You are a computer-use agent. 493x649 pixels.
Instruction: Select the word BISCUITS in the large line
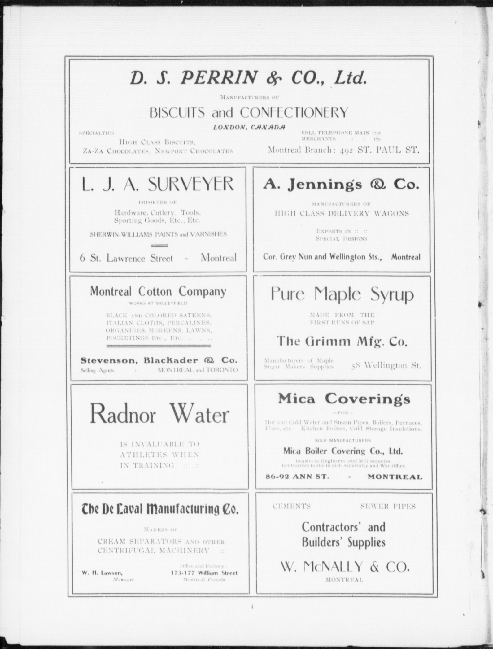pyautogui.click(x=177, y=113)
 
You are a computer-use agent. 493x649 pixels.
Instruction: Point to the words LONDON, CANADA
pyautogui.click(x=249, y=127)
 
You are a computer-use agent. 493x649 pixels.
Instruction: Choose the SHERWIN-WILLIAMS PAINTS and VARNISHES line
pyautogui.click(x=158, y=234)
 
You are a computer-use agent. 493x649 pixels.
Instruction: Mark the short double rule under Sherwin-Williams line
pyautogui.click(x=159, y=246)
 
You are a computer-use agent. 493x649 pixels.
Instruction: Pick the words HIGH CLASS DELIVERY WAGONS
pyautogui.click(x=342, y=213)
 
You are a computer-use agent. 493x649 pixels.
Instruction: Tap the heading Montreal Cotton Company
pyautogui.click(x=158, y=292)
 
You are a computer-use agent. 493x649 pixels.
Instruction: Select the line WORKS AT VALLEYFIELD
pyautogui.click(x=158, y=303)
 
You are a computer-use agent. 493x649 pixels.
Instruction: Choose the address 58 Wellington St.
pyautogui.click(x=386, y=366)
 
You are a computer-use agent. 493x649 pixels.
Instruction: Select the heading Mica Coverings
pyautogui.click(x=344, y=399)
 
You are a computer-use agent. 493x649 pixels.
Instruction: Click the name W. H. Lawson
pyautogui.click(x=102, y=573)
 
